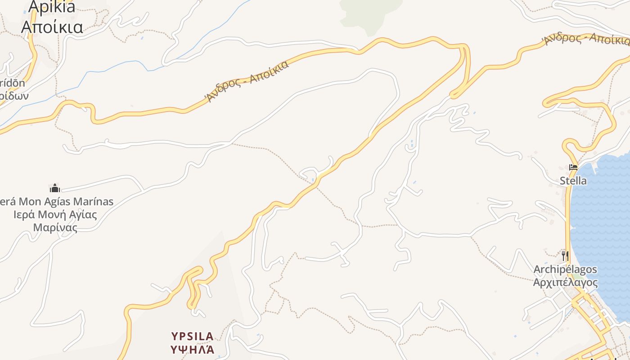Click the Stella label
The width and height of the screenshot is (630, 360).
(573, 181)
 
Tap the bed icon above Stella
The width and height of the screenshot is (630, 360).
(573, 167)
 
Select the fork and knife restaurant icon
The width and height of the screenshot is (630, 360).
(565, 256)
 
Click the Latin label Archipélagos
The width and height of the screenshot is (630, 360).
(565, 270)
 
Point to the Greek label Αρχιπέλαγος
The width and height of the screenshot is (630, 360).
(565, 283)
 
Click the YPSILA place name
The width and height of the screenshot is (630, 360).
(192, 336)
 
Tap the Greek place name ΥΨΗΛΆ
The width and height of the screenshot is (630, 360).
(192, 349)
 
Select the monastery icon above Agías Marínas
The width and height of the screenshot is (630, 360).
(55, 188)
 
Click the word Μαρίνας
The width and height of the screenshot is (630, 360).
(55, 227)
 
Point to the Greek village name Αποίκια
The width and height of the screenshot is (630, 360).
(52, 27)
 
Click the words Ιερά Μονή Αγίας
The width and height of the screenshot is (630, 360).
(55, 214)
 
